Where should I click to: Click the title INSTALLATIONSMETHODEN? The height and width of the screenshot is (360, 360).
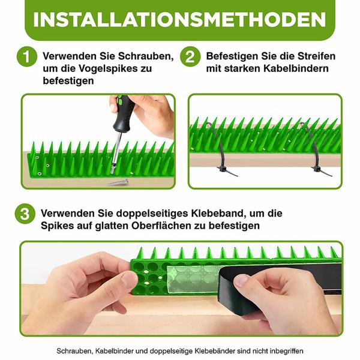click(x=180, y=19)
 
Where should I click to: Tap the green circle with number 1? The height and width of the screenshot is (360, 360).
click(x=26, y=58)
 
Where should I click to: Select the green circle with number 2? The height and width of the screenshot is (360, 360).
click(x=190, y=58)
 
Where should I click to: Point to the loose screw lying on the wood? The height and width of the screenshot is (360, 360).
click(x=118, y=181)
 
